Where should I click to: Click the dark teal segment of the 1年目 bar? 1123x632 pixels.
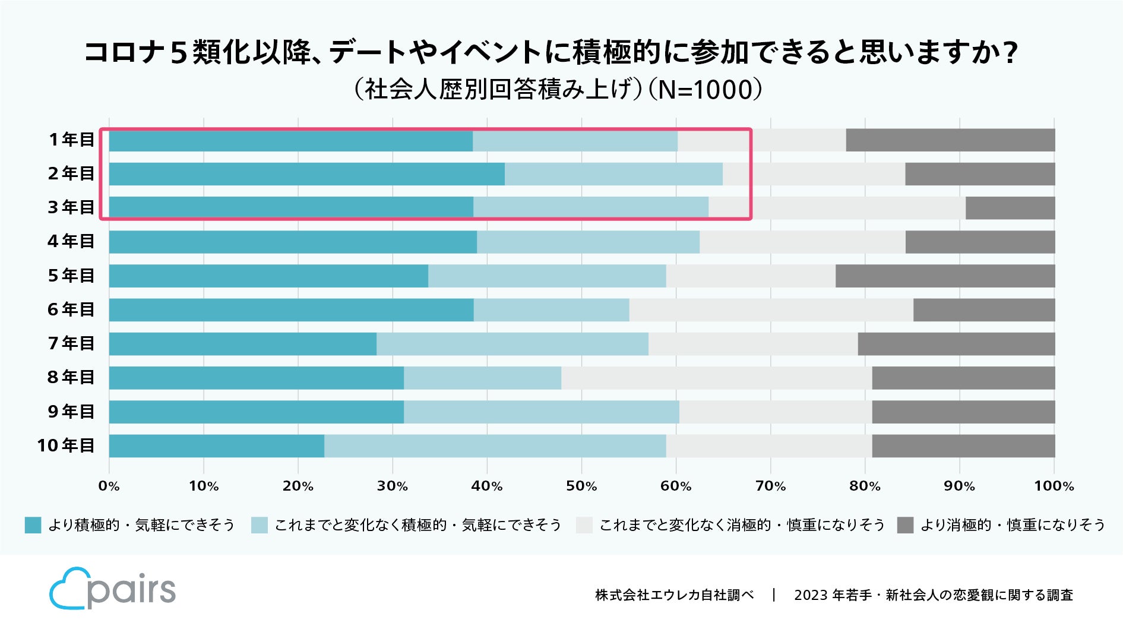click(x=290, y=141)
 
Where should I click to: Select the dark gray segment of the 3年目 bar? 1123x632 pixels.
click(x=1010, y=208)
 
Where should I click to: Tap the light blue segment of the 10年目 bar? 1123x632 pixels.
click(x=495, y=446)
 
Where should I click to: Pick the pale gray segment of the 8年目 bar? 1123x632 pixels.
click(x=716, y=378)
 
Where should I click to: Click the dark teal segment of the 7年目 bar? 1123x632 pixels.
click(x=242, y=344)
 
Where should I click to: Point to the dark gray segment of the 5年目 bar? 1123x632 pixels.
click(x=945, y=276)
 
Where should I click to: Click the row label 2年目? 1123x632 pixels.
click(x=71, y=173)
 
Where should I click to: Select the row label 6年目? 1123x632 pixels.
click(x=71, y=309)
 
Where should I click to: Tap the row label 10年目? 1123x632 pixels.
click(x=65, y=445)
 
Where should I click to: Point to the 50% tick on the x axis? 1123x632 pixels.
click(x=581, y=486)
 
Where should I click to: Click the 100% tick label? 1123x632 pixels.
click(x=1054, y=486)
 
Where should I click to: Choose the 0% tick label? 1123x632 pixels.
click(x=109, y=486)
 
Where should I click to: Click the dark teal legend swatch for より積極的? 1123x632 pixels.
click(x=33, y=525)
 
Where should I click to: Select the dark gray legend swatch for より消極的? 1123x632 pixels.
click(x=905, y=525)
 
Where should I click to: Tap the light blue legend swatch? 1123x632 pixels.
click(x=260, y=525)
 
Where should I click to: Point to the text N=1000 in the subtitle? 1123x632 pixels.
click(x=705, y=90)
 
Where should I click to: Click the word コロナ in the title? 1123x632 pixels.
click(x=124, y=53)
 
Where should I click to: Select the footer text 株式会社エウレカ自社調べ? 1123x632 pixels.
click(x=674, y=595)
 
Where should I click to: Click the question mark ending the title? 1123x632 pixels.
click(x=1008, y=53)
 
